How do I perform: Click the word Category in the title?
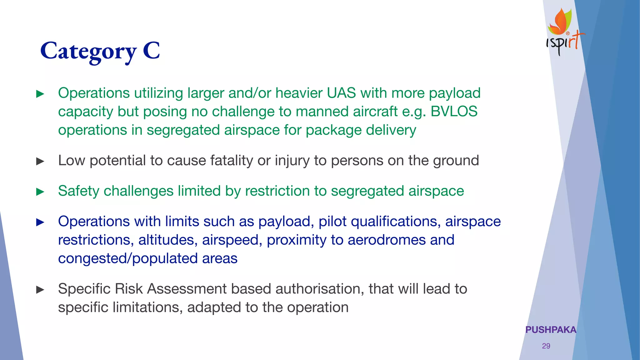(x=89, y=52)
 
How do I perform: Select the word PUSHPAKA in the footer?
(x=551, y=330)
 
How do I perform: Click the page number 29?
(x=546, y=346)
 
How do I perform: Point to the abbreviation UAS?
(x=341, y=93)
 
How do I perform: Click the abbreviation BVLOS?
(x=454, y=112)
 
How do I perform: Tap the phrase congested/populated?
(x=128, y=259)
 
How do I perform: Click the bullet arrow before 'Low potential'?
(x=40, y=161)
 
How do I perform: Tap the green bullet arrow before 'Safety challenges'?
(x=40, y=192)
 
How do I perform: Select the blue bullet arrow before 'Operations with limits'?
(x=40, y=222)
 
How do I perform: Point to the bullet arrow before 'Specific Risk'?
(x=40, y=290)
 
